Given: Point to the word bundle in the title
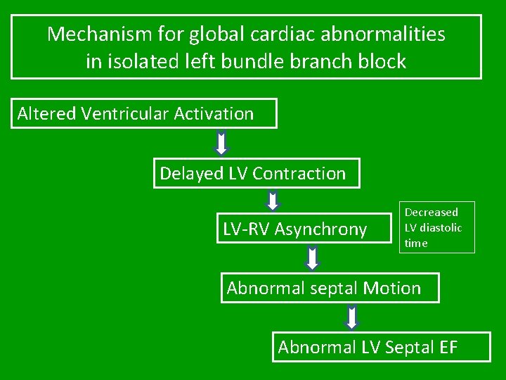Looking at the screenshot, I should coord(283,62).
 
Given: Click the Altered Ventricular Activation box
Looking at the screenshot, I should coord(144,113).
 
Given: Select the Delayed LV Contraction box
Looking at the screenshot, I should coord(257,173).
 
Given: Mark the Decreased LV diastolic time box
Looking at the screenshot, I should coord(436,227).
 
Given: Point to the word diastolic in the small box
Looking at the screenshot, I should coord(442,227).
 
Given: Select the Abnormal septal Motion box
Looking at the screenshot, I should coord(330,288).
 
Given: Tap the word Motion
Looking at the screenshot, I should coord(394,288).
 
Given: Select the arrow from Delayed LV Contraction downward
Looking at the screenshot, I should coord(273,201).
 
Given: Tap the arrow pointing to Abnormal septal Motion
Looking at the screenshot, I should coord(313,258).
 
